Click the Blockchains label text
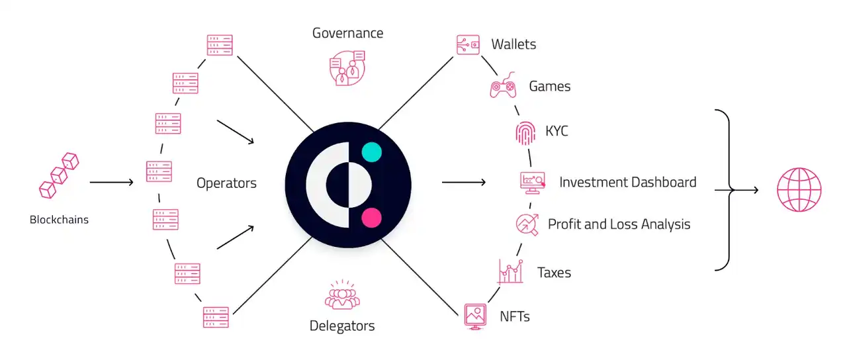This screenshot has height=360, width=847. click(x=59, y=220)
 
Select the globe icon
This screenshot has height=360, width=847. click(x=799, y=190)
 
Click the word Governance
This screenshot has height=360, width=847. click(x=347, y=32)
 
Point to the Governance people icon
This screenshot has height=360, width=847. click(x=347, y=68)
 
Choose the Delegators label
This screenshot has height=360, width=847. click(x=342, y=326)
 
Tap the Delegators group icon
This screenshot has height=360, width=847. click(x=342, y=296)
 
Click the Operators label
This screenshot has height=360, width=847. click(x=226, y=183)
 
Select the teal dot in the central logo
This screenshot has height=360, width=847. click(x=372, y=153)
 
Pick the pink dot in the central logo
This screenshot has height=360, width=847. click(x=372, y=217)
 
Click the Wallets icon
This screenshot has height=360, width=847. click(x=468, y=45)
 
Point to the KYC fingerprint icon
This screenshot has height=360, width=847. click(x=525, y=132)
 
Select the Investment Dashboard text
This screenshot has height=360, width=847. click(x=627, y=182)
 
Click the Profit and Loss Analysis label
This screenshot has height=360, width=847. click(x=619, y=224)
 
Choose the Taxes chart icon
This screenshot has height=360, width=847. click(x=510, y=272)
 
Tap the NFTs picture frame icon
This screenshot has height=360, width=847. click(x=476, y=316)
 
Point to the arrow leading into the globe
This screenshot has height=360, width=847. click(x=744, y=191)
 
